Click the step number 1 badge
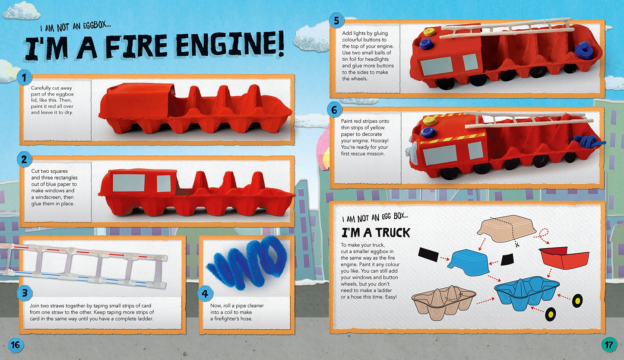point(24,77)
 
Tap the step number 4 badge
point(205,293)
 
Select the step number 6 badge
point(334,110)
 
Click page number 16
point(16,345)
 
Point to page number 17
point(609,345)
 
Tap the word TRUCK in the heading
point(393,233)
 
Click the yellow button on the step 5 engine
point(429,32)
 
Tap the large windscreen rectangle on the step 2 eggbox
point(128,183)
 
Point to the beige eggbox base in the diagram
point(443,302)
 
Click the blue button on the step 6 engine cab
point(428,132)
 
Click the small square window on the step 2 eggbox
point(164,184)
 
